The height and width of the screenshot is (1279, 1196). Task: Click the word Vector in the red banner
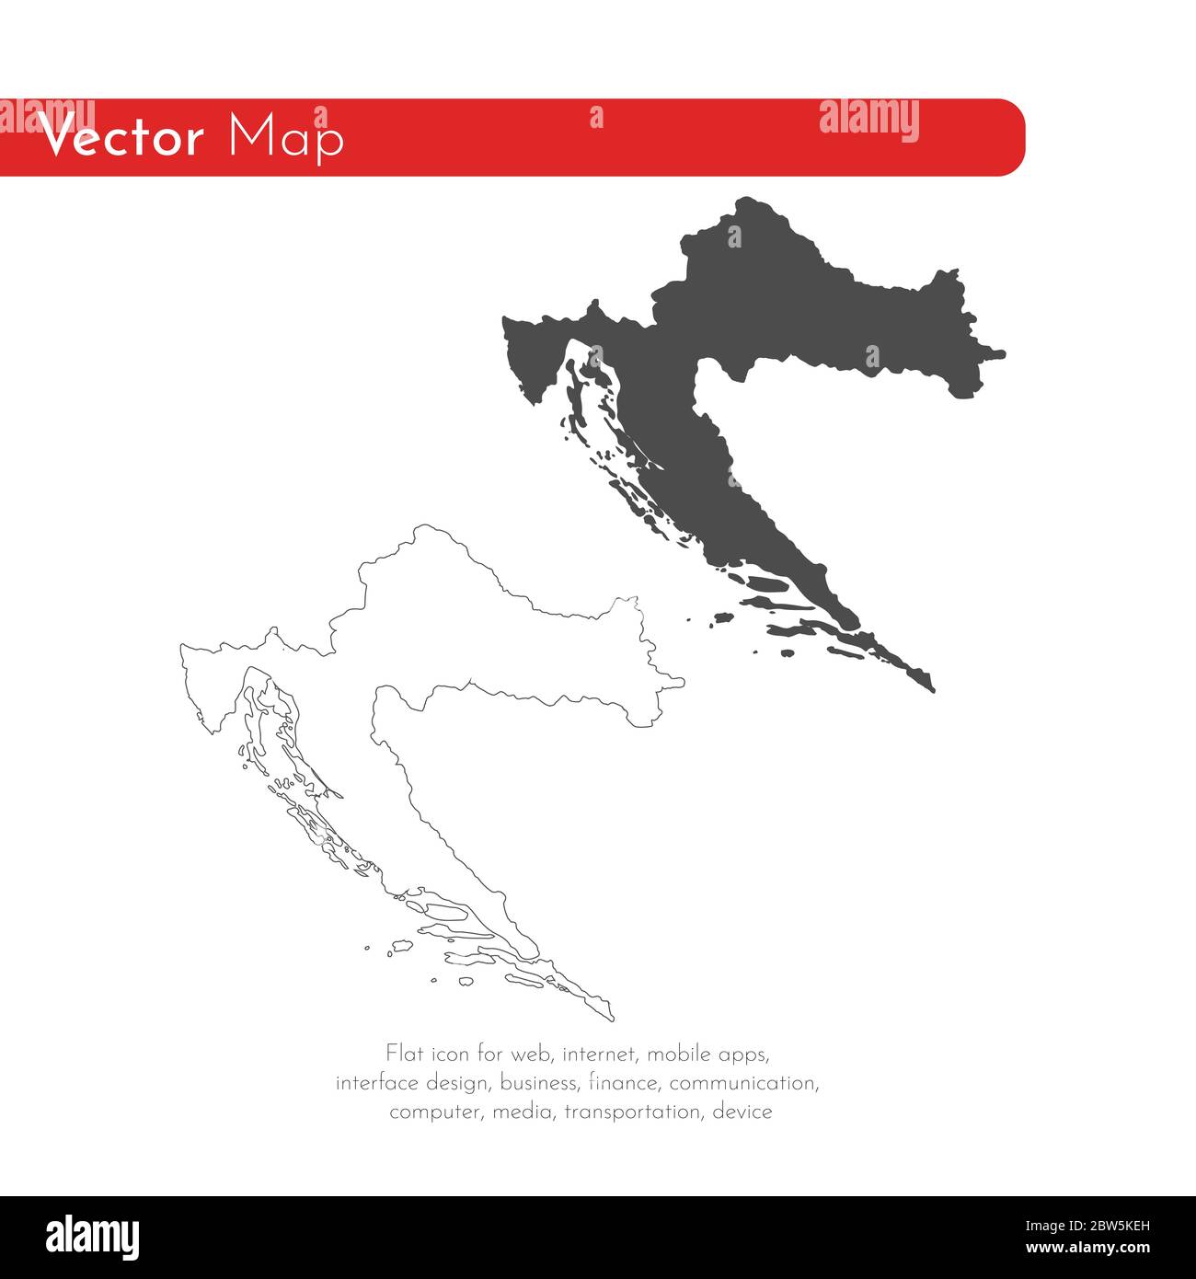coord(121,139)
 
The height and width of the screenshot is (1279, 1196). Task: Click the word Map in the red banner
coord(285,138)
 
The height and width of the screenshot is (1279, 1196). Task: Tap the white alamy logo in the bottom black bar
coord(93,1238)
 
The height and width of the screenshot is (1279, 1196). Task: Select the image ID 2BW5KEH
coord(1106,1225)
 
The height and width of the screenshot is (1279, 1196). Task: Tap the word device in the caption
coord(742,1112)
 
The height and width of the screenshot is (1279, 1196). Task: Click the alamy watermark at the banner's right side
coord(868,121)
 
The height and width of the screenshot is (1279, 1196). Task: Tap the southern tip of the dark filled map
coord(931,688)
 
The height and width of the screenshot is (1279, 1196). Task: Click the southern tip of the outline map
coord(610,1018)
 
